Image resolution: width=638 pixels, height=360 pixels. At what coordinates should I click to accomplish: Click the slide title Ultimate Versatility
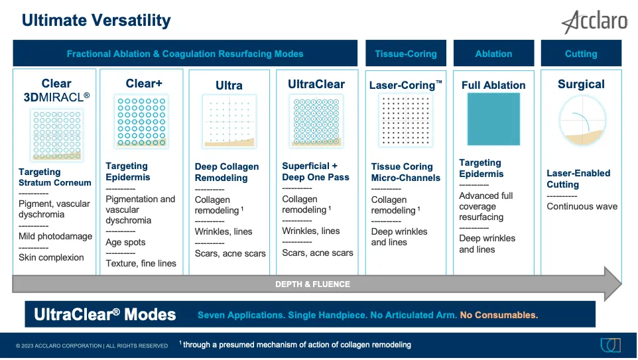click(96, 21)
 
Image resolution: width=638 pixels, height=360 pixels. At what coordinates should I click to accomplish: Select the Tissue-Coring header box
click(406, 53)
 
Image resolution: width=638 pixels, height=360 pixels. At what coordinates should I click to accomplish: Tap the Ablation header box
click(493, 53)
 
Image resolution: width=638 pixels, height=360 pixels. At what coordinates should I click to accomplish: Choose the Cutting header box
click(581, 53)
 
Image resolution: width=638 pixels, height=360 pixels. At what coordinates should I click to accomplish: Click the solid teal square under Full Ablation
click(493, 119)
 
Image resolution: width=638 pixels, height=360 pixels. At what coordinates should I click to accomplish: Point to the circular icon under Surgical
click(583, 121)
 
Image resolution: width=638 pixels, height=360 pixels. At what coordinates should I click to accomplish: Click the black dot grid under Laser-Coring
click(406, 120)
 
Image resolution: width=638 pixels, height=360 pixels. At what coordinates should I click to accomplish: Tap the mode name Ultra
click(229, 86)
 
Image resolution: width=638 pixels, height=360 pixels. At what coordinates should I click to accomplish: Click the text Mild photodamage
click(55, 236)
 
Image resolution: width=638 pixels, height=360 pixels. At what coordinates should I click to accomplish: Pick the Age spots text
click(125, 242)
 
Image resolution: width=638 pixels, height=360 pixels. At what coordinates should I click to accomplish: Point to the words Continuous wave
click(582, 206)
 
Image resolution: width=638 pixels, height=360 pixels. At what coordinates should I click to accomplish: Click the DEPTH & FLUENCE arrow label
click(312, 284)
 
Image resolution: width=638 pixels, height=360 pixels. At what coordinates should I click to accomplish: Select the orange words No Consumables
click(499, 315)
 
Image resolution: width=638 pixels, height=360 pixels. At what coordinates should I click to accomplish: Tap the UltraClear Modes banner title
click(105, 314)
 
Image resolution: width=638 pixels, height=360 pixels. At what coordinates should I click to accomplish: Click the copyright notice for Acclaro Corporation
click(92, 346)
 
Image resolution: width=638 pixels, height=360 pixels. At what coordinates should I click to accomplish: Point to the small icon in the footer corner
click(610, 345)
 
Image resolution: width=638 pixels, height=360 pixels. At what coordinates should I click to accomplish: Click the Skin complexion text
click(51, 257)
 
